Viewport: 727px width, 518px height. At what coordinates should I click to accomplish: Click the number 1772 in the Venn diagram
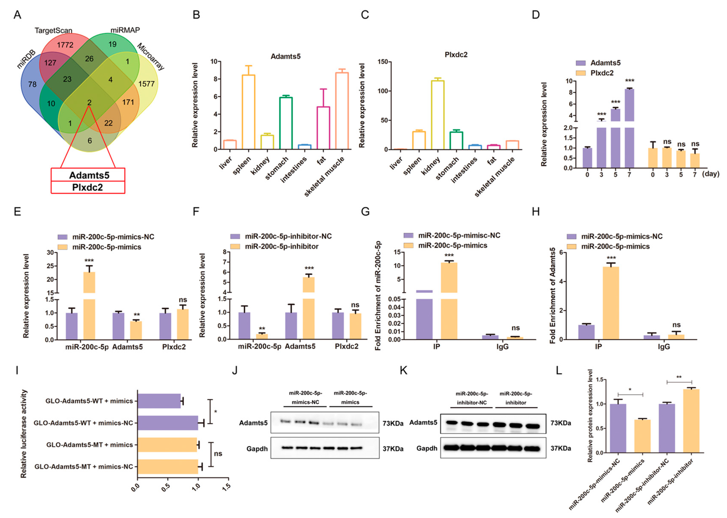(65, 45)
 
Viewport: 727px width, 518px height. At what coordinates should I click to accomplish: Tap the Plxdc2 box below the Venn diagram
(88, 187)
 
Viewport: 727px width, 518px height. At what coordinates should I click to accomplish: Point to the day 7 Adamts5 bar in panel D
(629, 128)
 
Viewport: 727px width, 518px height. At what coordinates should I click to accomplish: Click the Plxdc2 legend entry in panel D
(601, 73)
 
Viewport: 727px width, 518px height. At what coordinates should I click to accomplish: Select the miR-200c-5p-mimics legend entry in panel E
(107, 247)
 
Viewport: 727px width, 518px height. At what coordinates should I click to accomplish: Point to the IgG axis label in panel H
(664, 347)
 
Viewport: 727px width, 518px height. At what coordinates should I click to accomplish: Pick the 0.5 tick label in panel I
(166, 487)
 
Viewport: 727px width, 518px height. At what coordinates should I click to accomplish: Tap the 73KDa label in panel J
(393, 423)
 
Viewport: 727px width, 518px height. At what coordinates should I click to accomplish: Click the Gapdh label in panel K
(427, 448)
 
